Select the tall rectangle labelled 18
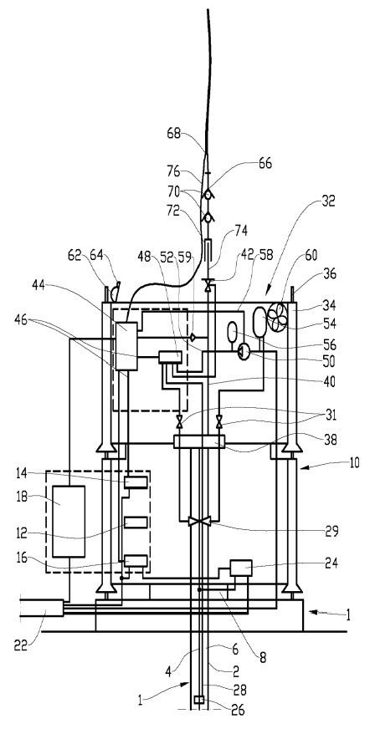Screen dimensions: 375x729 click(x=69, y=521)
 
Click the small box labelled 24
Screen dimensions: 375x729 click(x=241, y=568)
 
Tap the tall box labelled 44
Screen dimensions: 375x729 click(x=126, y=346)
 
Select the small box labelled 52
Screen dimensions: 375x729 click(x=170, y=357)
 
